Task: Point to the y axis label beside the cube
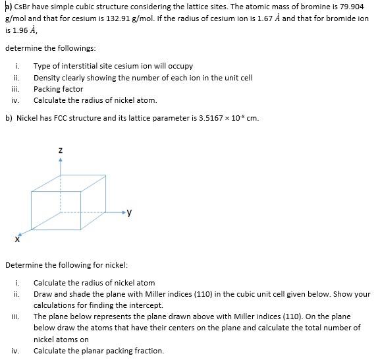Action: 130,212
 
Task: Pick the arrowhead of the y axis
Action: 122,213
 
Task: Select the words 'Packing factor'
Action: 59,89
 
